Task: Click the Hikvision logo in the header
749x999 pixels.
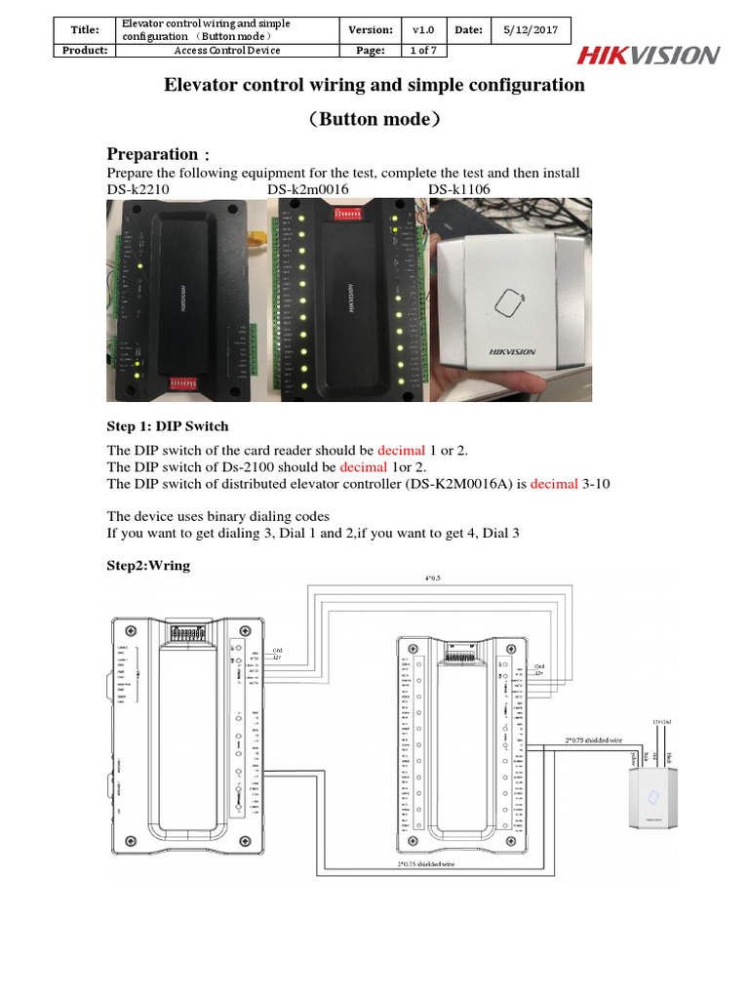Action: tap(649, 56)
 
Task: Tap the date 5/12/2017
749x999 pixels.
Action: tap(530, 30)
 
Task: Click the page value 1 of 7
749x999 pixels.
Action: tap(424, 51)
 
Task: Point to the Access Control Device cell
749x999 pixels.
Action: tap(226, 51)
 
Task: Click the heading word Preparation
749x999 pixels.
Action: tap(151, 154)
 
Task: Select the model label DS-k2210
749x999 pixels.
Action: tap(139, 188)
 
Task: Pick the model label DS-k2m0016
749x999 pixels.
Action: tap(309, 188)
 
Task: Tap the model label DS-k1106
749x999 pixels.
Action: tap(459, 188)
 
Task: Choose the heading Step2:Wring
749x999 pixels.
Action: tap(148, 565)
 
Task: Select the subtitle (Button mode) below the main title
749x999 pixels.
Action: tap(374, 119)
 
